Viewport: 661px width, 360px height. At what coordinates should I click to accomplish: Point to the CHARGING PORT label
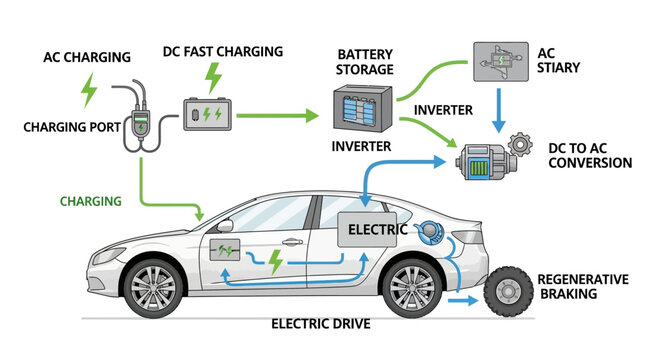(x=76, y=127)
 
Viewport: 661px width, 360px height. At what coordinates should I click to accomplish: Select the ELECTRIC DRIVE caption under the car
(x=321, y=324)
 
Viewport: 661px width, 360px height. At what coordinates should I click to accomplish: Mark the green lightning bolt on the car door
(x=276, y=264)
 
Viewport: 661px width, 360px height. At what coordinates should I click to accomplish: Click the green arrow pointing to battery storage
(x=280, y=115)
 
